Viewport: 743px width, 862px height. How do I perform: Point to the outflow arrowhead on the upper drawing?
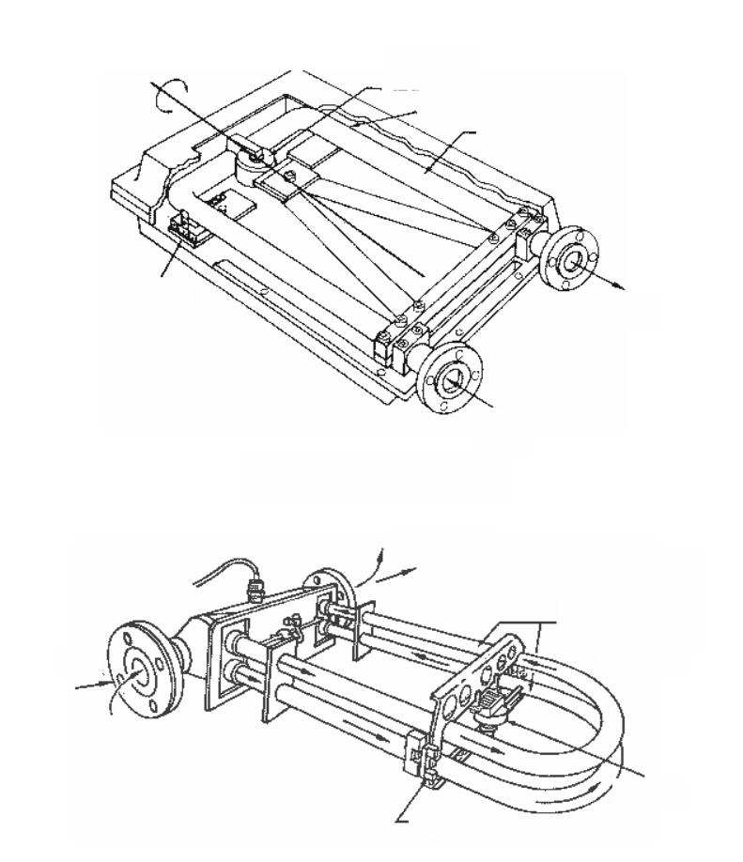pyautogui.click(x=621, y=287)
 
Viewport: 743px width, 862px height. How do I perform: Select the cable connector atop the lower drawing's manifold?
pyautogui.click(x=252, y=590)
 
